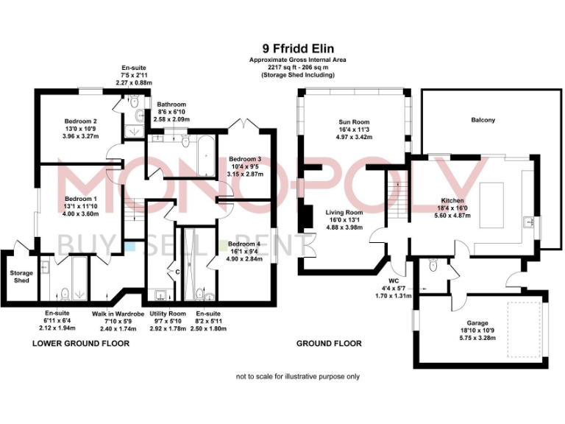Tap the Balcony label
tap(483, 120)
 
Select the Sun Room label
tap(354, 122)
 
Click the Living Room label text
tap(344, 212)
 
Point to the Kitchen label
tap(451, 200)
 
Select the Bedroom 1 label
tap(81, 199)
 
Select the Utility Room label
tap(168, 314)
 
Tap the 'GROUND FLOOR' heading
tap(329, 344)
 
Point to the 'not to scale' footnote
tap(297, 376)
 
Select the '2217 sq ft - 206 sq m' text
tap(297, 67)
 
